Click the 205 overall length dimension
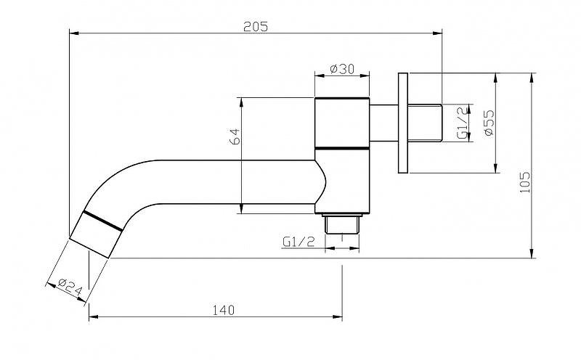point(256,26)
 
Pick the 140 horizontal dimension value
point(224,310)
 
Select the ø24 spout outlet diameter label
point(68,287)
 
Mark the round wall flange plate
point(404,123)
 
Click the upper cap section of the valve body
point(342,121)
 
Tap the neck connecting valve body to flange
point(383,123)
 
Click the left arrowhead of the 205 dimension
point(72,32)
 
